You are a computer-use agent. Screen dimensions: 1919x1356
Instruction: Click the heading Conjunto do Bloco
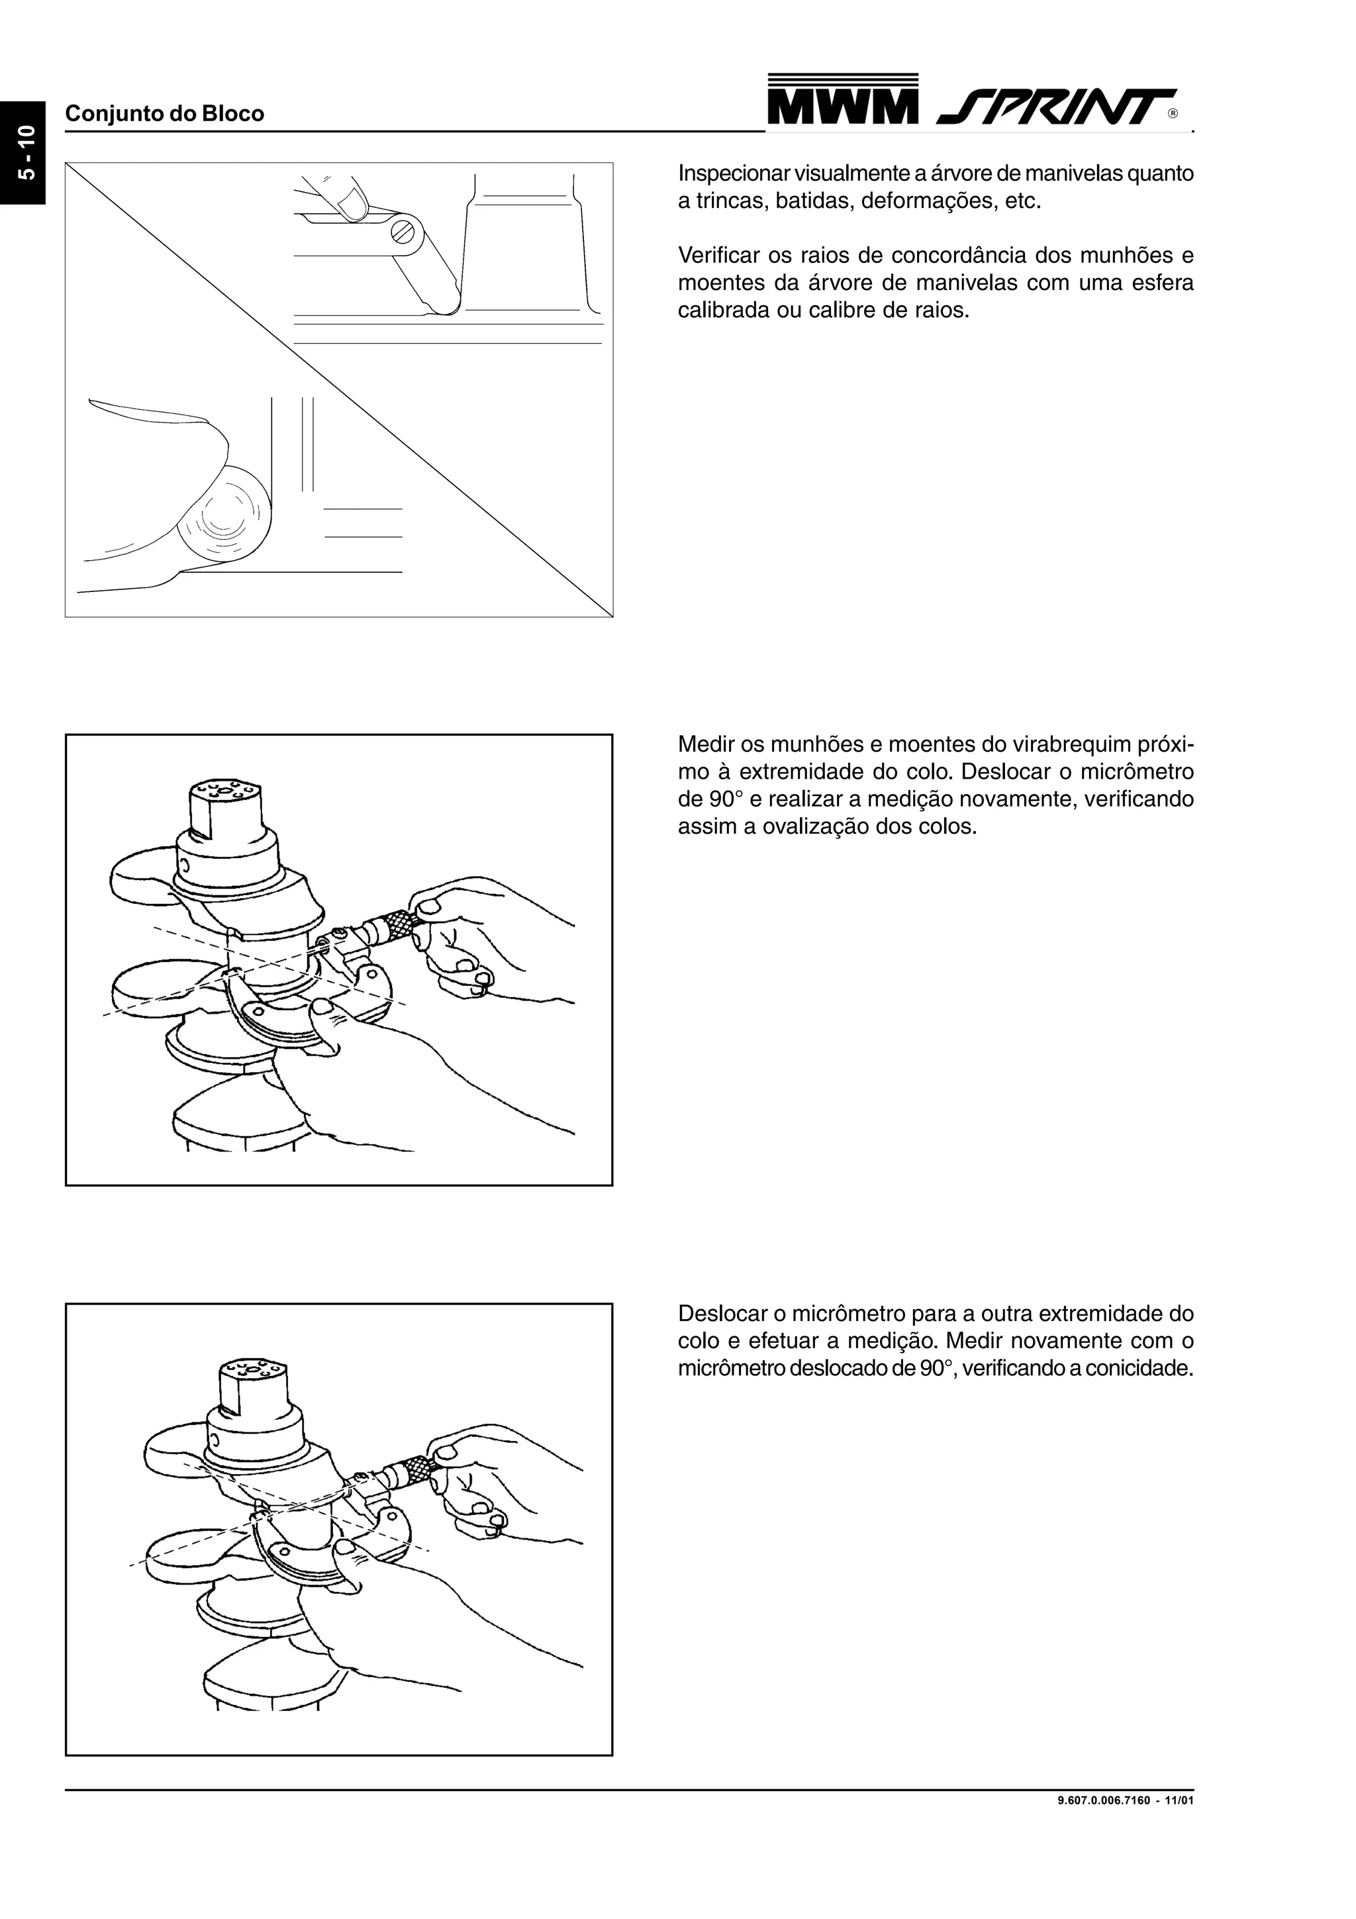165,114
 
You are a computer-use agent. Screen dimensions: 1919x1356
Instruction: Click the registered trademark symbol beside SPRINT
1173,114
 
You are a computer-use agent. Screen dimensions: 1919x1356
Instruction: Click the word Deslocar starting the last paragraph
726,1313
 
